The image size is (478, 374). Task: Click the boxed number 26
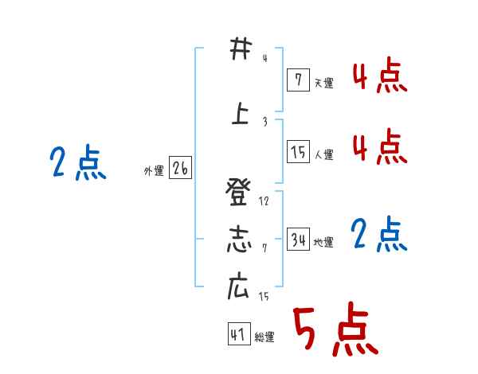(180, 168)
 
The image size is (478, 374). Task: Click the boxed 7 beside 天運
(297, 80)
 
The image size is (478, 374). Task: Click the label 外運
(153, 170)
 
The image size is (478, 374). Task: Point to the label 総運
(264, 337)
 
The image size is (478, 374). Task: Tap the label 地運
(323, 243)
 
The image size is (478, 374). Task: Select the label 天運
(323, 83)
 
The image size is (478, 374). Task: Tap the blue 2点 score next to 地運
(379, 235)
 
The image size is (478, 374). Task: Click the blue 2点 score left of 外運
(77, 164)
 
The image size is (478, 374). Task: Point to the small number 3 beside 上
(264, 122)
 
